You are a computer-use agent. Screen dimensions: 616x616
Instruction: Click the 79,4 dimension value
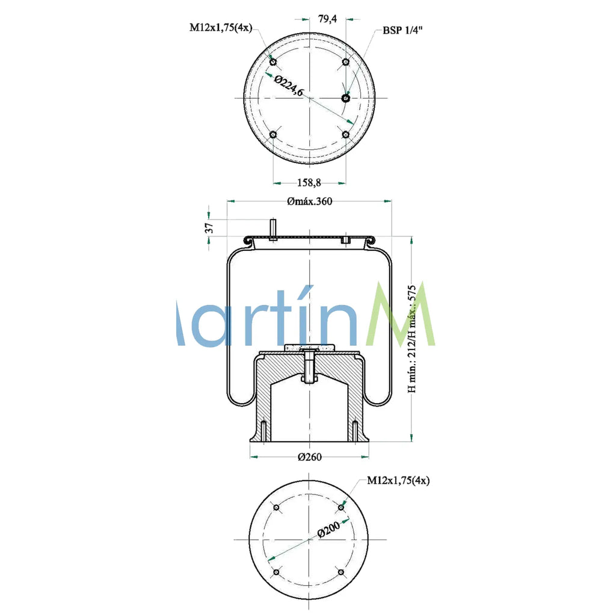point(327,19)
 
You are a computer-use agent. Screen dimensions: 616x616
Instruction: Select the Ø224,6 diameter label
point(289,86)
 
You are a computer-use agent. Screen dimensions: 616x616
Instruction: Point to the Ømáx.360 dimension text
point(309,202)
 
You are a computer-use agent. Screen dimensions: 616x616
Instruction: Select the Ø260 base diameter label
point(310,457)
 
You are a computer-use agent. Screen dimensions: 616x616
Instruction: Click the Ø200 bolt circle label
point(329,530)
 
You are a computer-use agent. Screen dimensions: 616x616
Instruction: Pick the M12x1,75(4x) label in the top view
point(221,27)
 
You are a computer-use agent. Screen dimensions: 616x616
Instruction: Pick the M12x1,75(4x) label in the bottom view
point(398,480)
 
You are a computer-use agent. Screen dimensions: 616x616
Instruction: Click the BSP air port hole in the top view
point(345,97)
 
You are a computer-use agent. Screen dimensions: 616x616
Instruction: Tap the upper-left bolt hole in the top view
point(273,62)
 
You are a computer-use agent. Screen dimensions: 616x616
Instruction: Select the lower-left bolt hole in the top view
point(273,134)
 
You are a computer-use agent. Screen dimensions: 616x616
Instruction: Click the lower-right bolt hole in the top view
point(346,134)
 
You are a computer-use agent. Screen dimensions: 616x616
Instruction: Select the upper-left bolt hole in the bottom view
point(277,508)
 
